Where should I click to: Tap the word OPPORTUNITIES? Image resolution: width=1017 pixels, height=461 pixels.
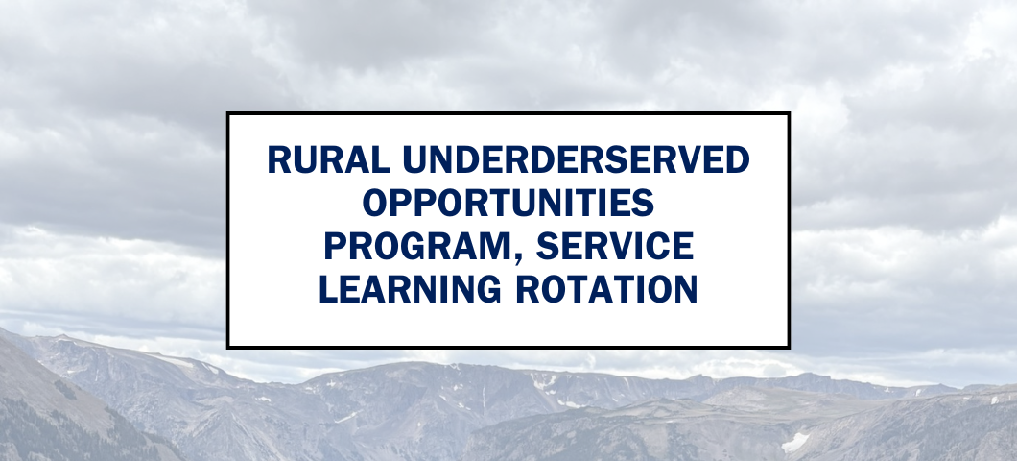[508, 205]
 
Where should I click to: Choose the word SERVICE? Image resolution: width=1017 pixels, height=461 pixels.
[614, 247]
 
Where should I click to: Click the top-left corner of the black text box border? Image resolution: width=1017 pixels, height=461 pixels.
[228, 113]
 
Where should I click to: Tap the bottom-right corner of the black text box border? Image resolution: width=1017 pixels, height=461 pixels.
[788, 347]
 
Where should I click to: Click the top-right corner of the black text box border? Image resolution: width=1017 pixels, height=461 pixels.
[788, 113]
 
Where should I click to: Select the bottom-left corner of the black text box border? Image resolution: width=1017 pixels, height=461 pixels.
[228, 347]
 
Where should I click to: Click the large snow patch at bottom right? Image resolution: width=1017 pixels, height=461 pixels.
[795, 442]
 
